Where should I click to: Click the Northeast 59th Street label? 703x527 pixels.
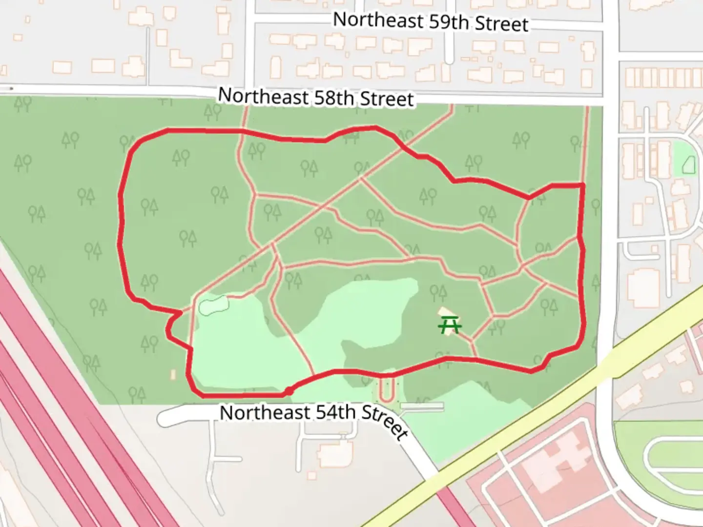[431, 22]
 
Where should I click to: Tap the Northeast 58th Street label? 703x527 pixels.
[316, 97]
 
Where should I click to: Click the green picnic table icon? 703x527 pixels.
[450, 324]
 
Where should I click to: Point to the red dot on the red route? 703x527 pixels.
[289, 391]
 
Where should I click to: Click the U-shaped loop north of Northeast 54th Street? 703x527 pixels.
[387, 388]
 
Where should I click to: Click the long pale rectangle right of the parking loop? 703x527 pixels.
[422, 406]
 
